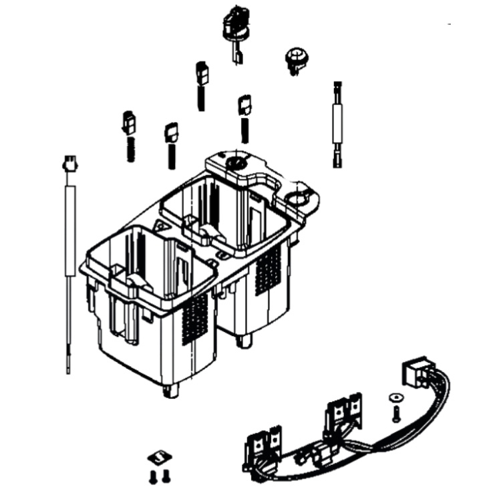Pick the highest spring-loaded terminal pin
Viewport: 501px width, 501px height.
pos(199,83)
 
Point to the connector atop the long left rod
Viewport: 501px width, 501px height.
pos(68,164)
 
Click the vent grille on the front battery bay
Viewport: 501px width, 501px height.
pos(195,317)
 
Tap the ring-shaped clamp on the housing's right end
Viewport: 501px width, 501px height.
pos(295,198)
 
